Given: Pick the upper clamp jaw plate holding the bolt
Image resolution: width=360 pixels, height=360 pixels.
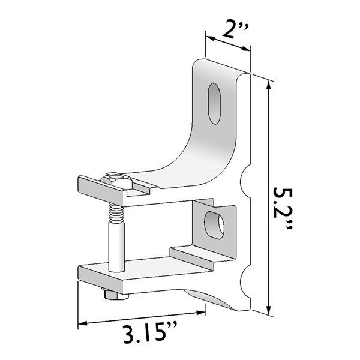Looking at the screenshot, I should click(x=105, y=188).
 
